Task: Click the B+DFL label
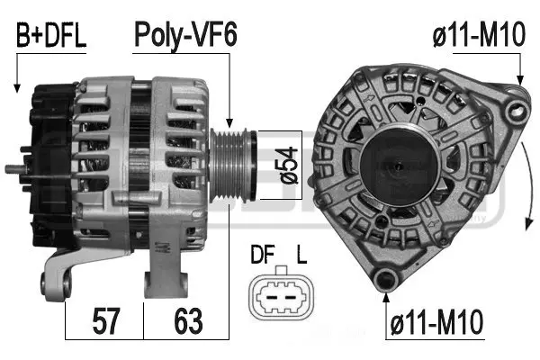click(51, 36)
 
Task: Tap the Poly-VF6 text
click(185, 35)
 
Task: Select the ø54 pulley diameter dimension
click(288, 166)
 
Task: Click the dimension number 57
click(105, 321)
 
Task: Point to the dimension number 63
click(188, 321)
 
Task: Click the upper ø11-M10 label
click(479, 34)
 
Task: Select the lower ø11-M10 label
click(436, 322)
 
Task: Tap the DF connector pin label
click(263, 254)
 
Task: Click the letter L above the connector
click(301, 254)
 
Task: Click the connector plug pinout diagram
click(282, 294)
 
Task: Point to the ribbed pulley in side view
click(233, 165)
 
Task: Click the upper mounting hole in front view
click(517, 110)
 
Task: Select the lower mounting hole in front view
click(385, 280)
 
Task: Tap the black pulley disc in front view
click(399, 165)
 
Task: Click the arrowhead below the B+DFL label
click(16, 88)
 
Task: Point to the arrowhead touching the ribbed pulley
click(229, 123)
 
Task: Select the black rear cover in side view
click(51, 166)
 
